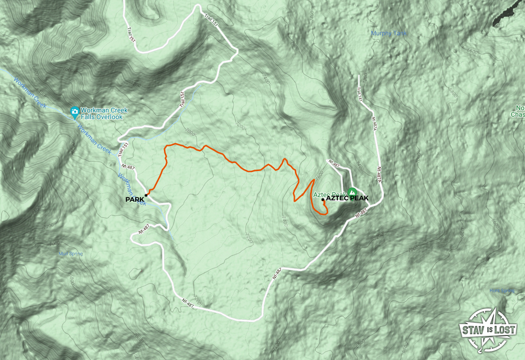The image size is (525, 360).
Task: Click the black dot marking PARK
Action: point(146,195)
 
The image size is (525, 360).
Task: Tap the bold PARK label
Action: point(135,200)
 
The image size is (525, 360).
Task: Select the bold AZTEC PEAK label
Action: point(347,198)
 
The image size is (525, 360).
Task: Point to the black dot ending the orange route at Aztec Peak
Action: point(323,200)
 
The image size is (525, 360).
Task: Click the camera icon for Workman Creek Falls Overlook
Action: point(74,111)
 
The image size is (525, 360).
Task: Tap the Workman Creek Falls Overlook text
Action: point(104,114)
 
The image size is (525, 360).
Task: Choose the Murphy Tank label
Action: point(389,34)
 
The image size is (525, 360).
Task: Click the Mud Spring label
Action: point(70,254)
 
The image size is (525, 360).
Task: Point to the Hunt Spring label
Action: point(501,291)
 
